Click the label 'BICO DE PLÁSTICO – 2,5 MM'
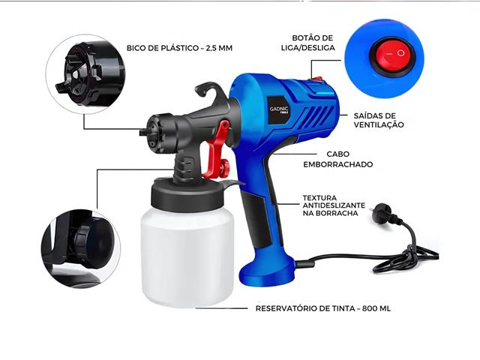tap(181, 49)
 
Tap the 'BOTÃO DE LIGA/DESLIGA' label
tap(312, 43)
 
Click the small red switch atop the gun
tap(318, 78)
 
